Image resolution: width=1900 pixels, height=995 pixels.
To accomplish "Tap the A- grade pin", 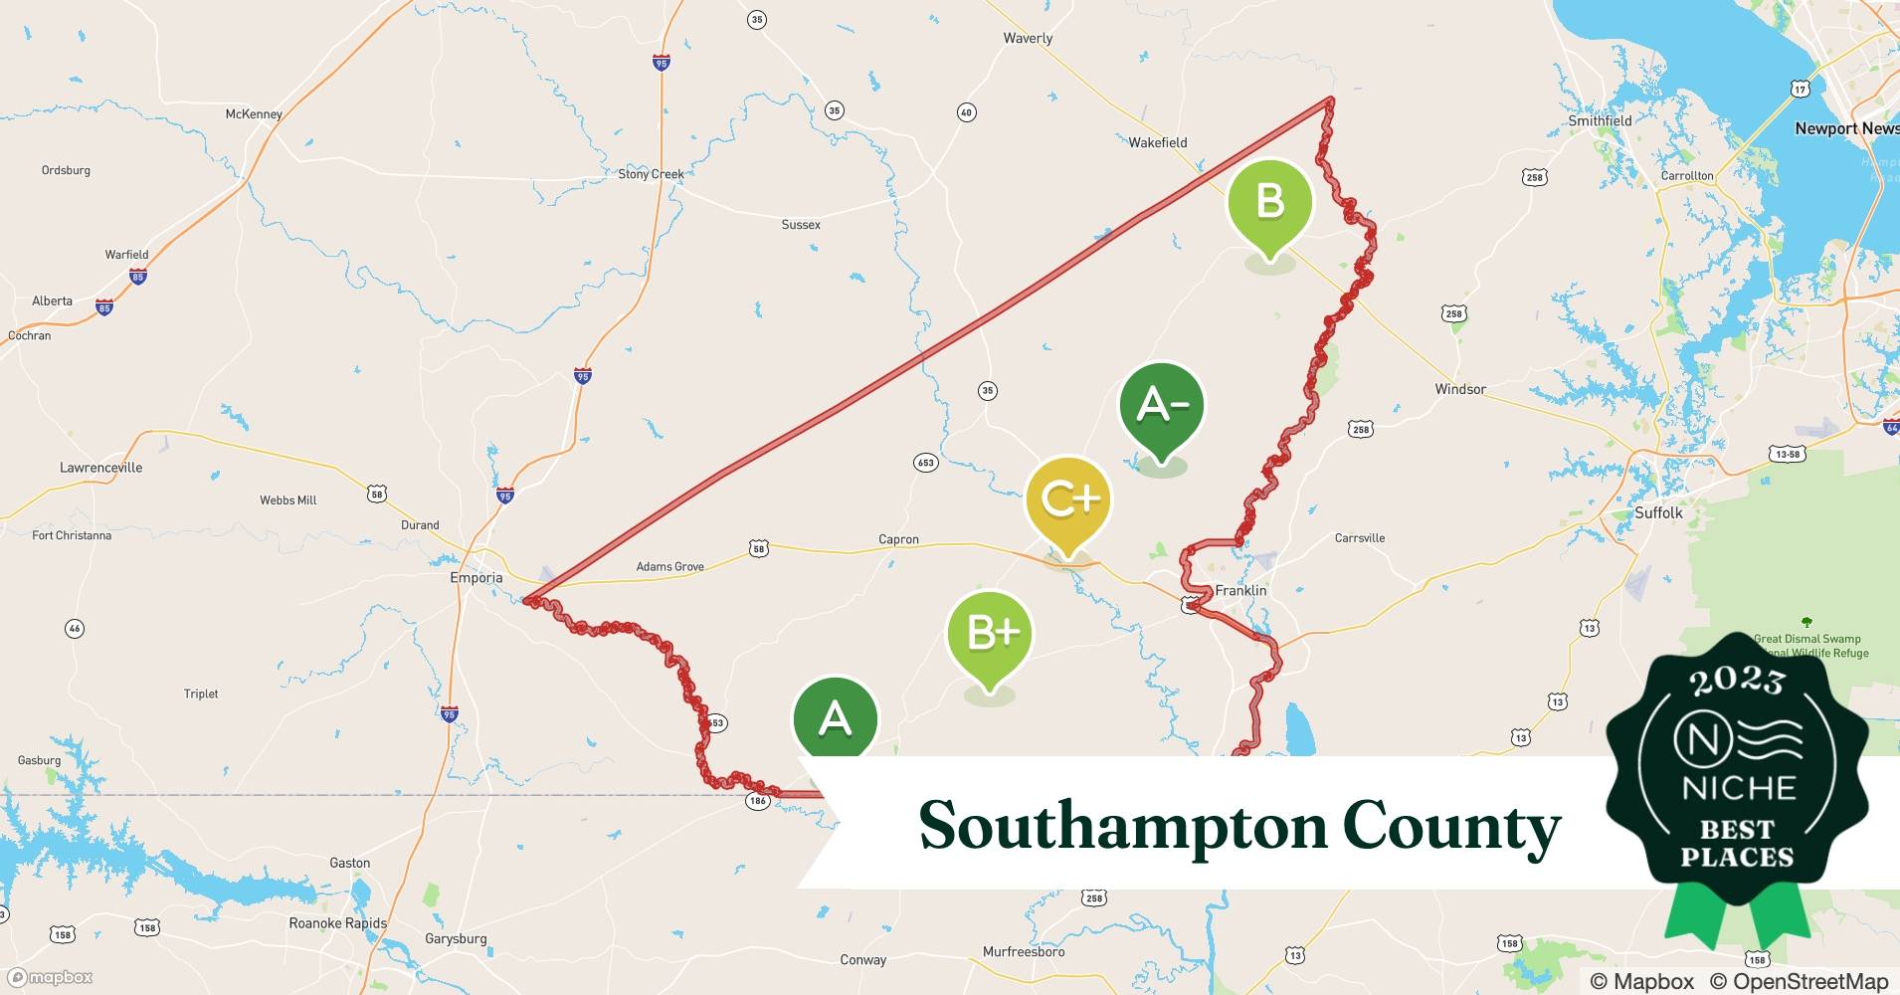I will coord(1161,406).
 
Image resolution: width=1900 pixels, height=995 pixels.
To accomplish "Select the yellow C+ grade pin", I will coord(1068,499).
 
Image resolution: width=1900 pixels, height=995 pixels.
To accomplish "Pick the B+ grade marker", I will coord(989,634).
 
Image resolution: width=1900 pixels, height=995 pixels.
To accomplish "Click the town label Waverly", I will coord(1028,39).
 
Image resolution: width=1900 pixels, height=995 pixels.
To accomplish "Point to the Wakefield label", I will coord(1157,143).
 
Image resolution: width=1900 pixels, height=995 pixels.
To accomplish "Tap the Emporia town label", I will coord(476,578).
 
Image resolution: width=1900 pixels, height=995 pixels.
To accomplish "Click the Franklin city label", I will coord(1240,591).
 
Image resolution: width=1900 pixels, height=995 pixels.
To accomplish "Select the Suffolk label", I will coord(1658,513).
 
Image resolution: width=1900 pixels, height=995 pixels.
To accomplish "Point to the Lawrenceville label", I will coord(100,468).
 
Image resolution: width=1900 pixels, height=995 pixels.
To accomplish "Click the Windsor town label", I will coord(1459,389).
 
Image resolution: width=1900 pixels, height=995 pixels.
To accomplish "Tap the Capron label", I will coord(898,540).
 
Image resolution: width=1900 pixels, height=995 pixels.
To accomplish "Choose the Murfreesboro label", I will coord(1023,952).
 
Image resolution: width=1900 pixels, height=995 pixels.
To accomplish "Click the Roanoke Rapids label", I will coord(337,923).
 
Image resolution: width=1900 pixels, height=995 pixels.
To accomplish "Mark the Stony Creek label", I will coord(651,174).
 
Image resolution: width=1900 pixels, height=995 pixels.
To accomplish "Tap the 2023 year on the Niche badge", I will coord(1736,681).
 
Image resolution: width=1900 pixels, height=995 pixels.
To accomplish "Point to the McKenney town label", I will coord(254,114).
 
